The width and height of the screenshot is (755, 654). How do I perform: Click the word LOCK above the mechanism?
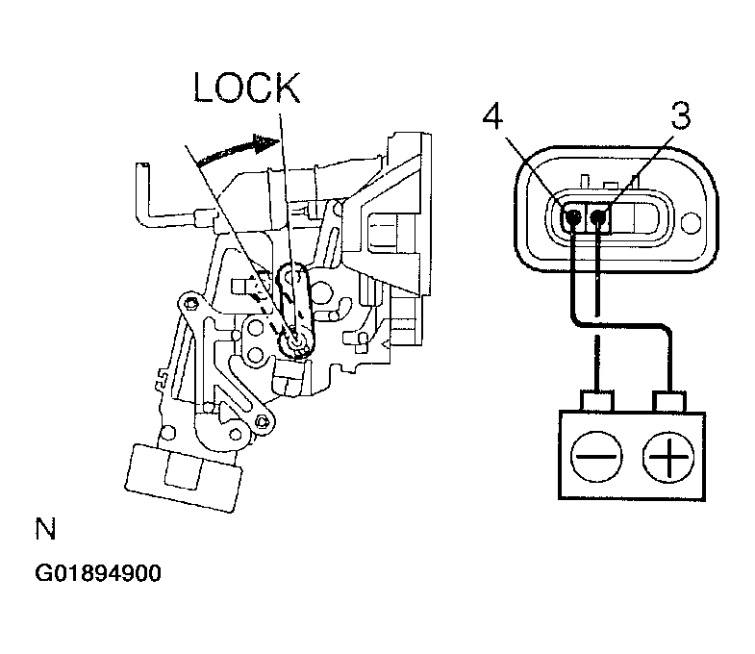point(246,88)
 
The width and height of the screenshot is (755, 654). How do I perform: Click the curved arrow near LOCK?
point(238,149)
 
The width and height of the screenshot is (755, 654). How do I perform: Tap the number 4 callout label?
point(492,117)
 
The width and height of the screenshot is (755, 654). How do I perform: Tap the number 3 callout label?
point(680,115)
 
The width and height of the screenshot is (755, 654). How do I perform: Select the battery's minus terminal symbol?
point(596,456)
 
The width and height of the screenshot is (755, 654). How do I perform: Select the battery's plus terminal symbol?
point(668,456)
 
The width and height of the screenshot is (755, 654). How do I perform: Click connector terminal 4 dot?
point(573,218)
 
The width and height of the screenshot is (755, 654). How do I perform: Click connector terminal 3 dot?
point(597,217)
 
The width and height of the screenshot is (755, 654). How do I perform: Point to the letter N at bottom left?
point(46,529)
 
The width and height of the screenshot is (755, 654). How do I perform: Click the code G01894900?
point(98,573)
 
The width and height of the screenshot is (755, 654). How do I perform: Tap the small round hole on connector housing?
point(692,223)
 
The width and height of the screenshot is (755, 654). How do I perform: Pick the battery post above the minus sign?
point(597,400)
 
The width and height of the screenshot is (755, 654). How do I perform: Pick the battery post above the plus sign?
point(668,401)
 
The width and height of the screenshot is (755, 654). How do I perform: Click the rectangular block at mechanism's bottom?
point(183,477)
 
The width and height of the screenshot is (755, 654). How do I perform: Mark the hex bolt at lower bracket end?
point(263,422)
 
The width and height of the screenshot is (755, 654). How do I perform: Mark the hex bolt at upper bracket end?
point(192,303)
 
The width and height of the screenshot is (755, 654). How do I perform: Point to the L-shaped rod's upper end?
point(142,166)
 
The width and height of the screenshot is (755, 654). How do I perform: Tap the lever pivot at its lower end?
point(294,341)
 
